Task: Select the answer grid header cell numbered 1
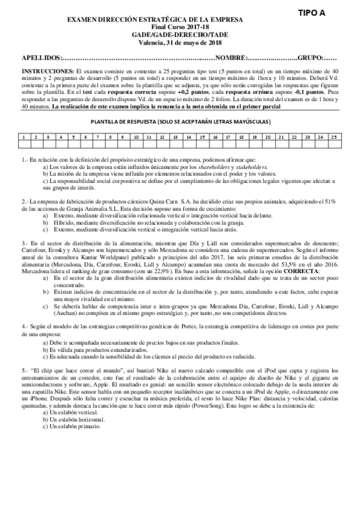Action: tap(23, 138)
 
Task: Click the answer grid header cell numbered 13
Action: tap(175, 138)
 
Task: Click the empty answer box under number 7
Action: tap(99, 144)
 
